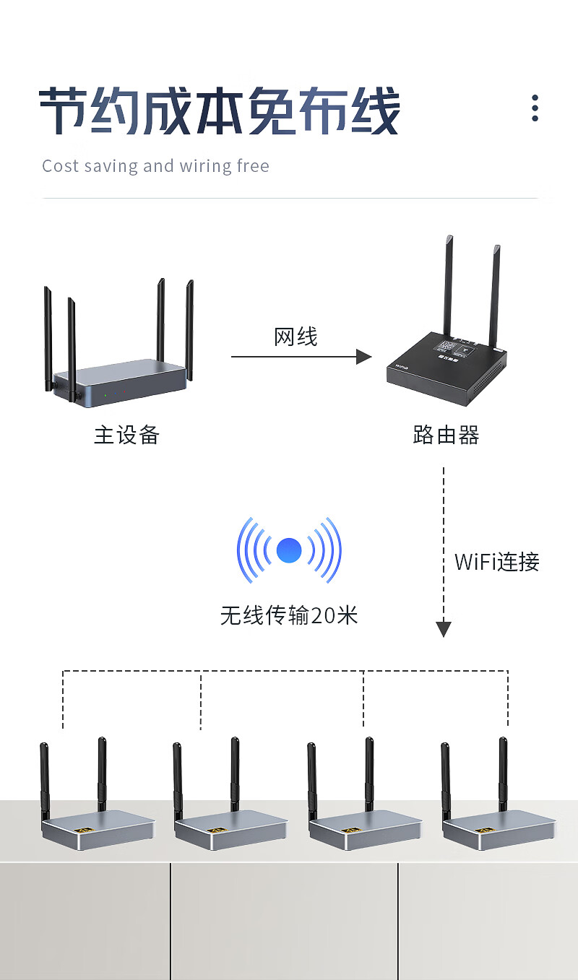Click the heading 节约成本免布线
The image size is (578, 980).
[x=219, y=112]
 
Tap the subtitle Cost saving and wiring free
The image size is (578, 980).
[x=155, y=166]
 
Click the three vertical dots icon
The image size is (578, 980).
[x=535, y=108]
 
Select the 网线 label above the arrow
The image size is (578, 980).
[x=296, y=337]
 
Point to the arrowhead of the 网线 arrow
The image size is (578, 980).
[x=365, y=356]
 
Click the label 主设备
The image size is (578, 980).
[x=126, y=435]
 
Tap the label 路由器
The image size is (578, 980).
[x=446, y=435]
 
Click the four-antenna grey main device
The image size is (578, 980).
[x=119, y=379]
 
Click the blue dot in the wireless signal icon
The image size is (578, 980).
[x=289, y=551]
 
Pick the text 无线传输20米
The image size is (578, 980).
[x=289, y=615]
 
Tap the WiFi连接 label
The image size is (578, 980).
[x=497, y=562]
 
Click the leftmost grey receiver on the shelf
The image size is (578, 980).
[x=98, y=826]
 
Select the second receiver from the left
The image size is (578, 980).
[x=230, y=826]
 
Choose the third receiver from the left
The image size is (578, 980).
[x=365, y=826]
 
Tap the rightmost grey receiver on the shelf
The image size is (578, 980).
[x=499, y=826]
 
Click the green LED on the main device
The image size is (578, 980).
[x=105, y=395]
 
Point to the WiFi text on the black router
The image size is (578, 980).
[x=402, y=367]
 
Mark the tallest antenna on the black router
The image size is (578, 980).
[x=449, y=285]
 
